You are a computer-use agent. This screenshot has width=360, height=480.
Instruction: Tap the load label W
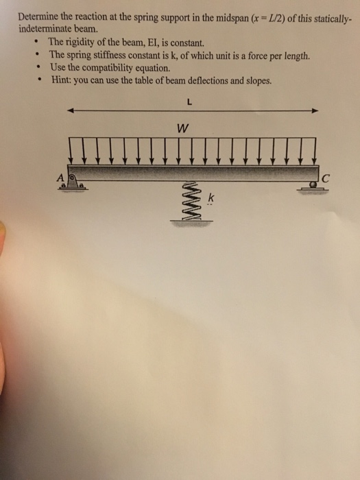coord(181,128)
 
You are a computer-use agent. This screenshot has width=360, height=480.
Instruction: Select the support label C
coord(326,180)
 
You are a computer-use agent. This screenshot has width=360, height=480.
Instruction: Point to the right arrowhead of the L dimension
coord(315,110)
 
